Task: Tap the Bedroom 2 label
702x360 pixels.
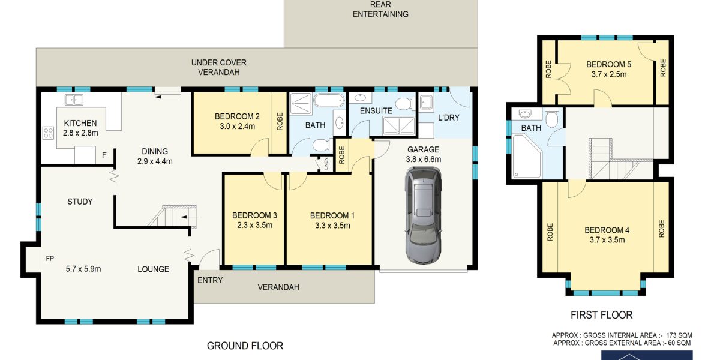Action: coord(237,116)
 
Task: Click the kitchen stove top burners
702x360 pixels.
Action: coord(48,133)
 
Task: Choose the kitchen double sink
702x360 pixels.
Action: coord(73,100)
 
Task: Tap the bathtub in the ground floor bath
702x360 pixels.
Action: coord(329,100)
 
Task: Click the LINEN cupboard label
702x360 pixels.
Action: coord(326,164)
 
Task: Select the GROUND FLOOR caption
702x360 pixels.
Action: coord(245,346)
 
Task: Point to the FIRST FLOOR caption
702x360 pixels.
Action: coord(601,315)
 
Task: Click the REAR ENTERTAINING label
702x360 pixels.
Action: coord(380,10)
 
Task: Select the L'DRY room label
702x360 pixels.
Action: coord(449,118)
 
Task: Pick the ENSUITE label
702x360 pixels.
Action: coord(376,110)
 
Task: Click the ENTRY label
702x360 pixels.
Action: coord(210,280)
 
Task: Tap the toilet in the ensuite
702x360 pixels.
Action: coord(405,103)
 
